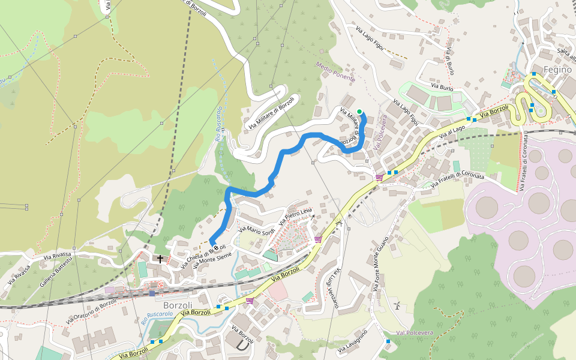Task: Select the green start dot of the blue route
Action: point(359,111)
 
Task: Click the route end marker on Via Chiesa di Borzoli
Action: point(212,242)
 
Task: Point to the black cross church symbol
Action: point(160,259)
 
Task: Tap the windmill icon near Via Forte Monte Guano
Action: point(397,306)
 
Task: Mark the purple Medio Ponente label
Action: point(336,71)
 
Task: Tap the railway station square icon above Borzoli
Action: point(152,293)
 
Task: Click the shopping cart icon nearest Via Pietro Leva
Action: point(318,239)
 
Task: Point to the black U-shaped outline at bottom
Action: point(242,346)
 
